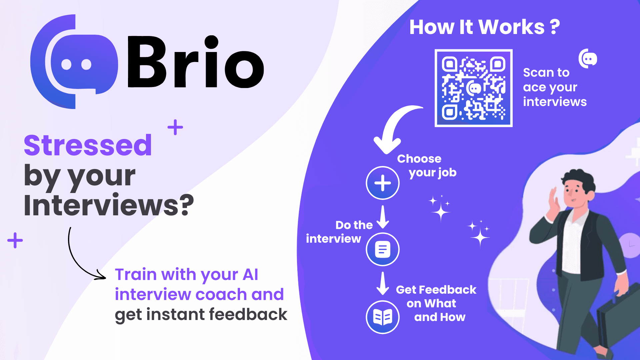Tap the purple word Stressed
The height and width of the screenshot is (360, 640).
(x=88, y=145)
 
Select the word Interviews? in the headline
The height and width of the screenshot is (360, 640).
(x=109, y=205)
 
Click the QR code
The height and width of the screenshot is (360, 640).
(x=473, y=88)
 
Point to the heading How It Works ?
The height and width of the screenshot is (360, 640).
(x=484, y=27)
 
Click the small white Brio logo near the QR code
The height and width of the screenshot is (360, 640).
(x=588, y=59)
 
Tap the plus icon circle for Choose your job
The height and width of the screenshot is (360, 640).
(x=383, y=183)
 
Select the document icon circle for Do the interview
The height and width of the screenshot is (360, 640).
(x=383, y=249)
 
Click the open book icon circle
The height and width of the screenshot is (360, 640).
(x=383, y=317)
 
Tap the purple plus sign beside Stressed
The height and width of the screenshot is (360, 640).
(x=175, y=127)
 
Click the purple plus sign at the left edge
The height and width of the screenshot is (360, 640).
(x=15, y=240)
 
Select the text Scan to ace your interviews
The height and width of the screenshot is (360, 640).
(x=555, y=87)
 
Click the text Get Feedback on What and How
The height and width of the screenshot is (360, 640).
(x=436, y=303)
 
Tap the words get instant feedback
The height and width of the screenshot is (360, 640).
(x=201, y=315)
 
